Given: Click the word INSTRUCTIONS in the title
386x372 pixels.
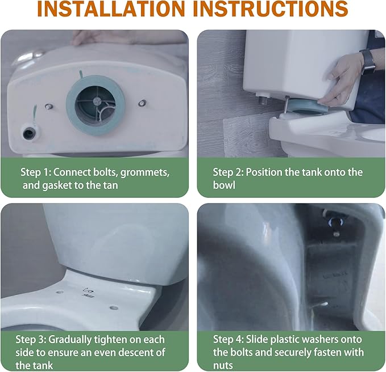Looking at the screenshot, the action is [270, 9].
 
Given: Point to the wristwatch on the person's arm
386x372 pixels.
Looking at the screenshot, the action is [368, 61].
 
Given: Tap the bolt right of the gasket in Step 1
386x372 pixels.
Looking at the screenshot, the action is [142, 103].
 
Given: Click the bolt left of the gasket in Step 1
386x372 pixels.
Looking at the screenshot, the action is [49, 107].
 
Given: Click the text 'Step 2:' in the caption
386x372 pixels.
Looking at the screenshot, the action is [228, 172].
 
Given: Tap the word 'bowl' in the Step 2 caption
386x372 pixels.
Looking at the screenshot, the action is [224, 185].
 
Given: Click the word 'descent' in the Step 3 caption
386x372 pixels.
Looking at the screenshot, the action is [131, 353].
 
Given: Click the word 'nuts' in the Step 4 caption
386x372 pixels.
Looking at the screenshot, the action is [223, 366].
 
